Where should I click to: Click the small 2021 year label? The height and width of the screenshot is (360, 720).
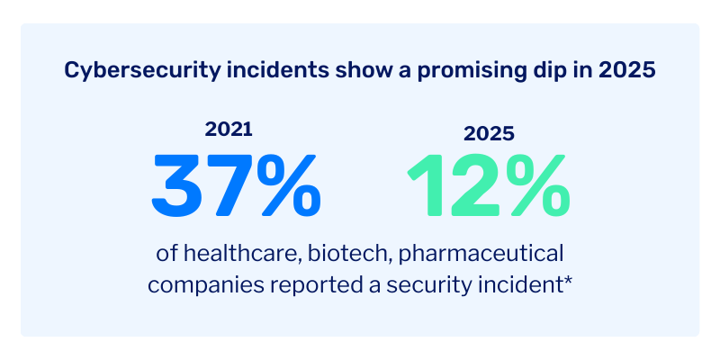tap(229, 129)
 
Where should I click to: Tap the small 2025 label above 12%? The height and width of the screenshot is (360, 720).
tap(489, 134)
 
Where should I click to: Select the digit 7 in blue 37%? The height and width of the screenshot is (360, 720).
tap(229, 186)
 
